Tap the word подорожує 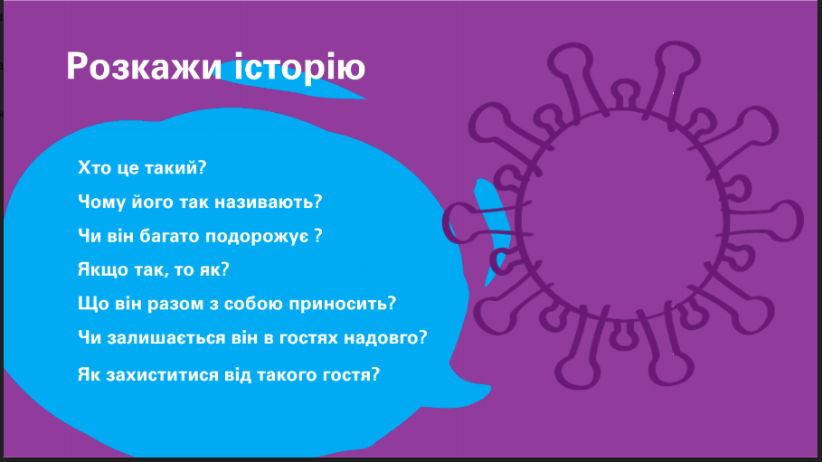[257, 237]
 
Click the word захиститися [159, 374]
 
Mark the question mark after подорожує [317, 235]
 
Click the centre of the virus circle [624, 215]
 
